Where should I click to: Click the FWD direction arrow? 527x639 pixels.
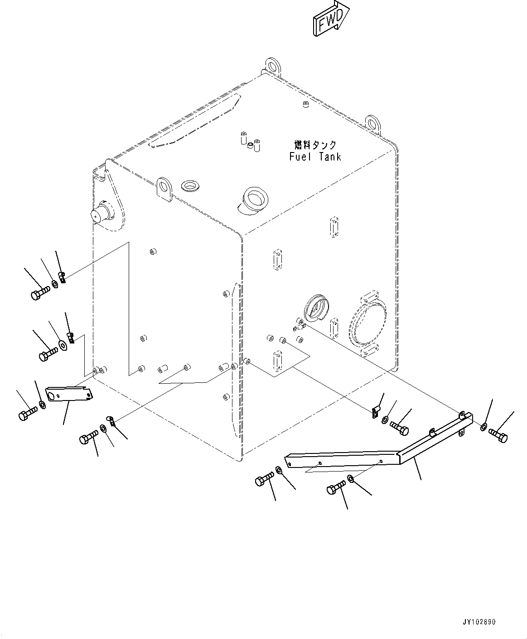coord(330,19)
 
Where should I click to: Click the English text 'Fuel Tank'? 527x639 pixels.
coord(315,157)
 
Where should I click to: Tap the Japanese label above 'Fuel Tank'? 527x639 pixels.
coord(315,145)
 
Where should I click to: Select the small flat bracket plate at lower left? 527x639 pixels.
coord(69,393)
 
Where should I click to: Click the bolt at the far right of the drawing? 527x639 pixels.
coord(498,436)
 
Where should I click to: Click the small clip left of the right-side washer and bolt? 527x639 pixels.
coord(374,412)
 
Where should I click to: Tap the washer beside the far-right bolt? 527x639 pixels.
coord(483,427)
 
